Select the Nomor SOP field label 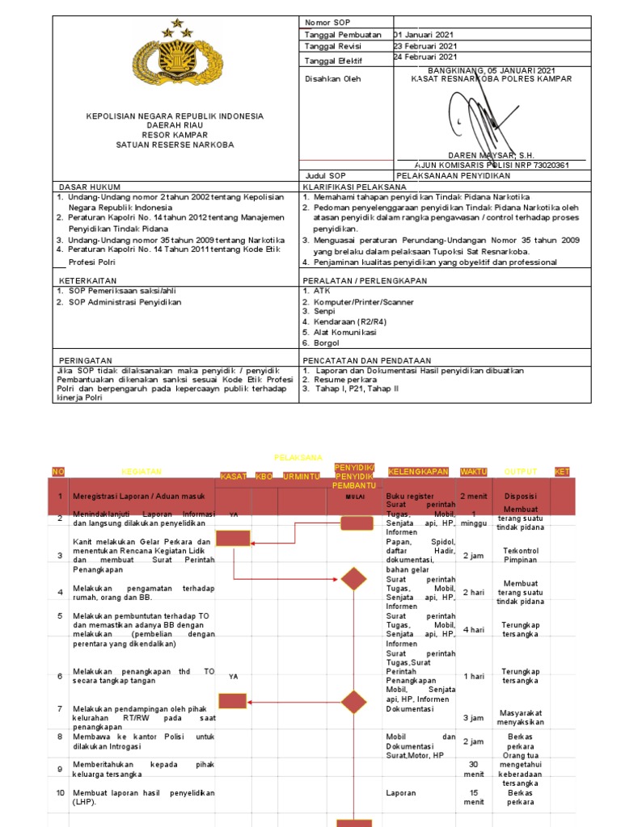(323, 22)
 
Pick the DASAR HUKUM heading (84, 187)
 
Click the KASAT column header (233, 476)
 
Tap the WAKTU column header (474, 471)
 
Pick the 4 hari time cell (474, 629)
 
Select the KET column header (562, 471)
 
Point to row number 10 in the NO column (60, 793)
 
